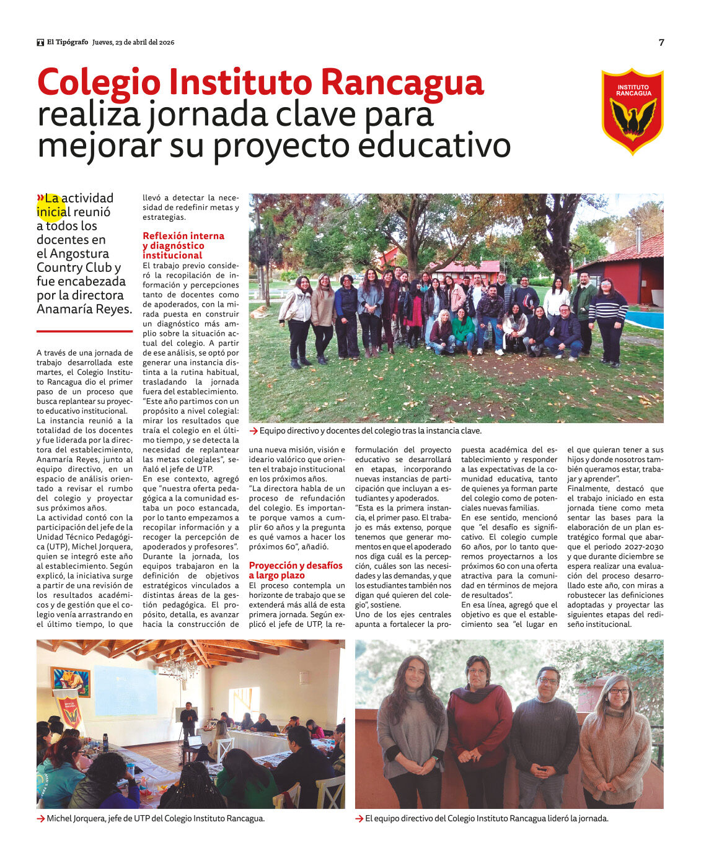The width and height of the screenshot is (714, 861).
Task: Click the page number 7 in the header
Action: pos(661,42)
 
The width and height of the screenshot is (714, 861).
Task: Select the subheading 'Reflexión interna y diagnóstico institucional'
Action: pos(183,245)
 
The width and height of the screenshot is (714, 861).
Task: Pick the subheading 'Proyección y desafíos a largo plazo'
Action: pos(295,570)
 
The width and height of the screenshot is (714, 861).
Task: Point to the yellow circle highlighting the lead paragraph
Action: pos(51,206)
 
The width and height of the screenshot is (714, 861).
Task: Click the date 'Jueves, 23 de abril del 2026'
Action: pos(133,42)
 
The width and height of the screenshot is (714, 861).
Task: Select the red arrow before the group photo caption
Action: pos(253,430)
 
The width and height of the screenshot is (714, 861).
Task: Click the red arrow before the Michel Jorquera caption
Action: pos(41,818)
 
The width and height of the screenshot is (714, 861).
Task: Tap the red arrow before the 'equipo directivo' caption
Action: pos(359,818)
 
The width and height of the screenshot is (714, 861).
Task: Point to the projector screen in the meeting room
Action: pos(125,690)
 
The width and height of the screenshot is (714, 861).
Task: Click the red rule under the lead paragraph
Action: pos(84,331)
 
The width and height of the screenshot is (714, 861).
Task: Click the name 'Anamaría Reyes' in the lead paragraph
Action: pos(84,309)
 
